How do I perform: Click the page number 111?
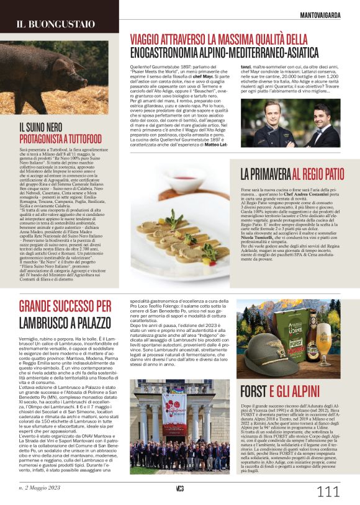[327, 491]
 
